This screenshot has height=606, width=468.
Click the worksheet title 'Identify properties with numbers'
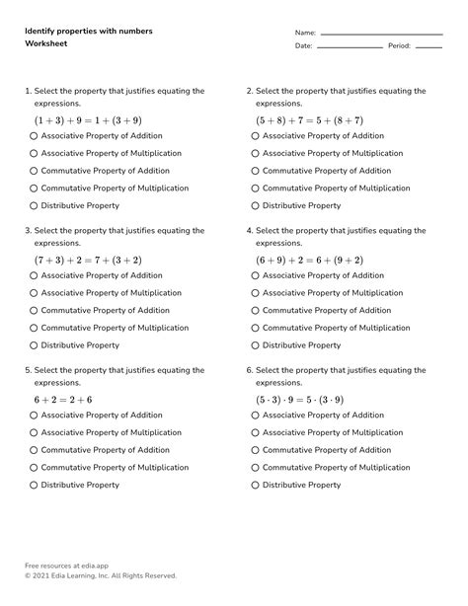tap(88, 32)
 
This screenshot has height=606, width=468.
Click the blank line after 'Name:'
tap(381, 34)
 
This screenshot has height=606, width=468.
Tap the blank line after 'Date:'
tap(350, 47)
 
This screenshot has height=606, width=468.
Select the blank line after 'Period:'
tap(429, 47)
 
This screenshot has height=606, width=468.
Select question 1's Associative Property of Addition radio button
tap(34, 137)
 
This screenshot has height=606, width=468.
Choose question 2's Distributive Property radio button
tap(255, 206)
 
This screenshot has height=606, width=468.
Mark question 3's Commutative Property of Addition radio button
tap(34, 311)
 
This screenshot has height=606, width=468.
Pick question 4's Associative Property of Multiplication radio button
tap(255, 293)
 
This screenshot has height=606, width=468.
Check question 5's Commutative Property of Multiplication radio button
tap(34, 468)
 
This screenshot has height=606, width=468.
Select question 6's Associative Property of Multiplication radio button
tap(255, 433)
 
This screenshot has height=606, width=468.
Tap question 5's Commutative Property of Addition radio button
tap(34, 450)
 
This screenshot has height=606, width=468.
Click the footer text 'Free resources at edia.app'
tap(74, 566)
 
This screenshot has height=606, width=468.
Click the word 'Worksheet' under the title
tap(46, 44)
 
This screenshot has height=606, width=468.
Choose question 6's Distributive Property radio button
tap(255, 486)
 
